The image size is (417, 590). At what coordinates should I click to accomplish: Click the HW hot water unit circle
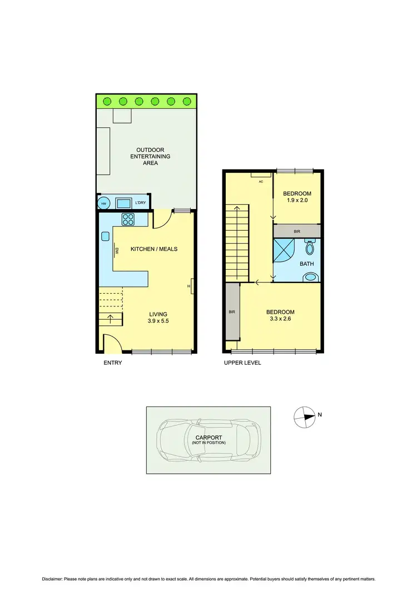click(x=103, y=203)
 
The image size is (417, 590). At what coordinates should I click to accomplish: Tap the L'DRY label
click(x=140, y=203)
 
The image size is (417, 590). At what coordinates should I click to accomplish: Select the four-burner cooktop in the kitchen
click(x=127, y=220)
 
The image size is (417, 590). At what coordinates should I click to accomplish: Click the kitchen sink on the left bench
click(x=105, y=236)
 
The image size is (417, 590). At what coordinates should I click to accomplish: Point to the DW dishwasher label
click(x=117, y=251)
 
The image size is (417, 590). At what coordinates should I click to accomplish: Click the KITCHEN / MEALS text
click(x=154, y=249)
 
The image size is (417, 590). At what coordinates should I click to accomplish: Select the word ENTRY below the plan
click(x=112, y=363)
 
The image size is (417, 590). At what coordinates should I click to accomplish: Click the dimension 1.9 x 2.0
click(x=297, y=200)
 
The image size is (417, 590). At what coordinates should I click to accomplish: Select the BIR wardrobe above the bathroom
click(x=297, y=231)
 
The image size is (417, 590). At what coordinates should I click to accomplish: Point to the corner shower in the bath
click(x=284, y=251)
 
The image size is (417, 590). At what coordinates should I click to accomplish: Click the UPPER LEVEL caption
click(x=242, y=363)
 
